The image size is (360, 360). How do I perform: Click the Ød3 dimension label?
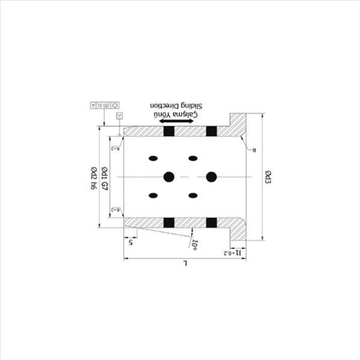268,178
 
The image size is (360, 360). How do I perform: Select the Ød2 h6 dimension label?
94,178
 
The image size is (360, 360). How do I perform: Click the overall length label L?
185,264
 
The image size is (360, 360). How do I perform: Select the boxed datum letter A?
119,114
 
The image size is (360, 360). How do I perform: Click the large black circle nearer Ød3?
211,176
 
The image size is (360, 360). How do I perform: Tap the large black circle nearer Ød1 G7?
169,176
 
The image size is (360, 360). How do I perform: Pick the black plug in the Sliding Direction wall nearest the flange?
211,131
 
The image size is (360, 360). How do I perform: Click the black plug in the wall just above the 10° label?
211,223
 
